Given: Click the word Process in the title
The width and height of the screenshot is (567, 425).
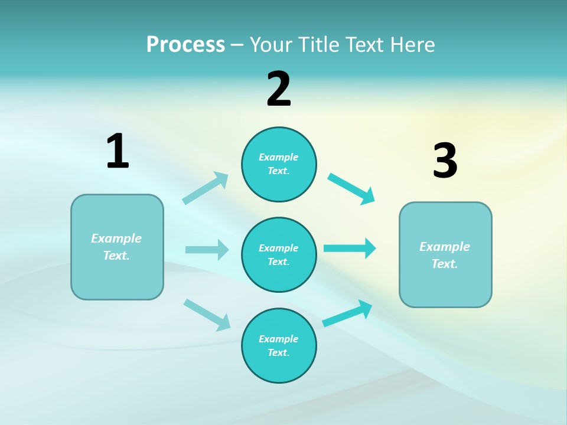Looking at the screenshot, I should [185, 45].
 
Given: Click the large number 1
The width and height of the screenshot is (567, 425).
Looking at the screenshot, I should [118, 151].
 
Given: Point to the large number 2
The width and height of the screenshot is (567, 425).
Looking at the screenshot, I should [279, 89].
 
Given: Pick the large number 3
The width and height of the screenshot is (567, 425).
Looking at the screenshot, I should [445, 161].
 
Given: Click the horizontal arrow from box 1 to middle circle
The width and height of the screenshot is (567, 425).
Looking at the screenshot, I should [207, 250].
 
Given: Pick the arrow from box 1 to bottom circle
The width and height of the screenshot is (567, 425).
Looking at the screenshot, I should [207, 314].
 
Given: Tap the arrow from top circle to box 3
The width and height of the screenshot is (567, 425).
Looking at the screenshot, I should [351, 188].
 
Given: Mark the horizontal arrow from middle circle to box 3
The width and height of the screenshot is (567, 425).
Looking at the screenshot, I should [350, 248].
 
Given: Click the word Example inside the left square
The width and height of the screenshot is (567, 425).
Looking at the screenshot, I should [116, 238].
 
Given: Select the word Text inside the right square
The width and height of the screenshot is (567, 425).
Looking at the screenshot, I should [444, 264].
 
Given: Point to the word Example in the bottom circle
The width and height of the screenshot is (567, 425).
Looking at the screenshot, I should [278, 339].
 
